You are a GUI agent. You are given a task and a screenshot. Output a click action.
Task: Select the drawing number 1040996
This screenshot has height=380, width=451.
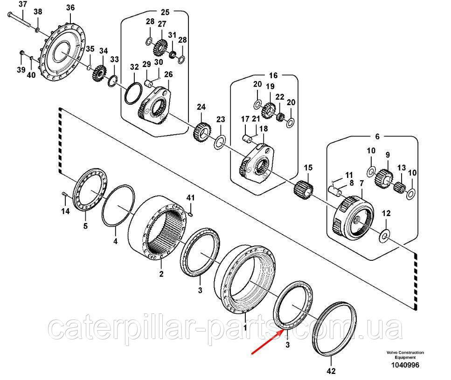(405, 366)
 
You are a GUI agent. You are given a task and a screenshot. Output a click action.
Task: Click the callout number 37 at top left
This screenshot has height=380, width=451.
(22, 5)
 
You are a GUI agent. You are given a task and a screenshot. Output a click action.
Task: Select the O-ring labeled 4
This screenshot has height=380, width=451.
(116, 206)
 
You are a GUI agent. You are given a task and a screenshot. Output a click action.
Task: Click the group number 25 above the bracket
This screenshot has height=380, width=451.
(152, 12)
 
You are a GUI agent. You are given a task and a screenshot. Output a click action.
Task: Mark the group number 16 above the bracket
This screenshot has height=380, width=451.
(273, 75)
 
